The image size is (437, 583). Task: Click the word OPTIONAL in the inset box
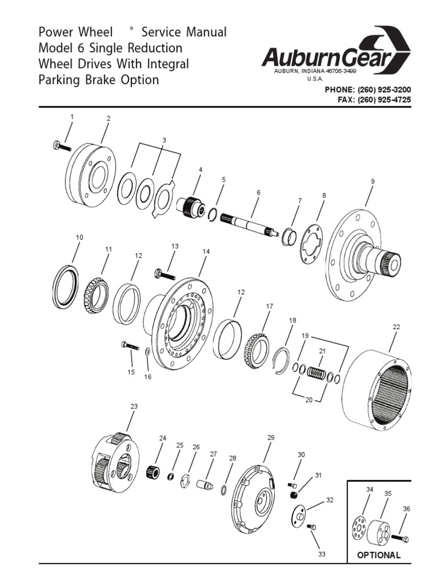tap(378, 555)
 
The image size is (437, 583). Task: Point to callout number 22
tap(396, 327)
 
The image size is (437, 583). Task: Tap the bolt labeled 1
tap(59, 146)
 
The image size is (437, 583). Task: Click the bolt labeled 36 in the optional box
tap(401, 537)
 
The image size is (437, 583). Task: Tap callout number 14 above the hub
tap(206, 251)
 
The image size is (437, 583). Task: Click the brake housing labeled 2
tap(90, 170)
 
